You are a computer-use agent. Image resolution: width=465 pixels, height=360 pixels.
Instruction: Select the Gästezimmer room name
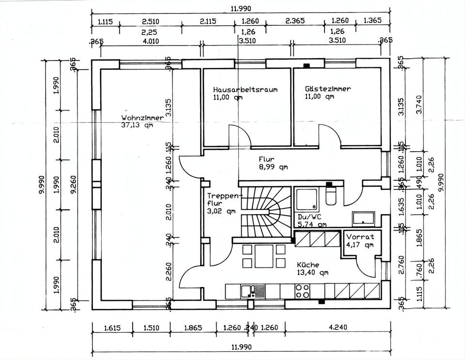click(328, 89)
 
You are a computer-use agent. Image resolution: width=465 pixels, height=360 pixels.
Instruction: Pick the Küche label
click(308, 265)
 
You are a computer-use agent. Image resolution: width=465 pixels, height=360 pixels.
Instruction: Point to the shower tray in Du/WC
click(307, 201)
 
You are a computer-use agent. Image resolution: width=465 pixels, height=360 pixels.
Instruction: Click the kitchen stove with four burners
click(303, 291)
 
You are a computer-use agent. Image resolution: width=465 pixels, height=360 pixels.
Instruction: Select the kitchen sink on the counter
click(249, 291)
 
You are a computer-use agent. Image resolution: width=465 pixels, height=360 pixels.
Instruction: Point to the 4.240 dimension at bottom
click(337, 328)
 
